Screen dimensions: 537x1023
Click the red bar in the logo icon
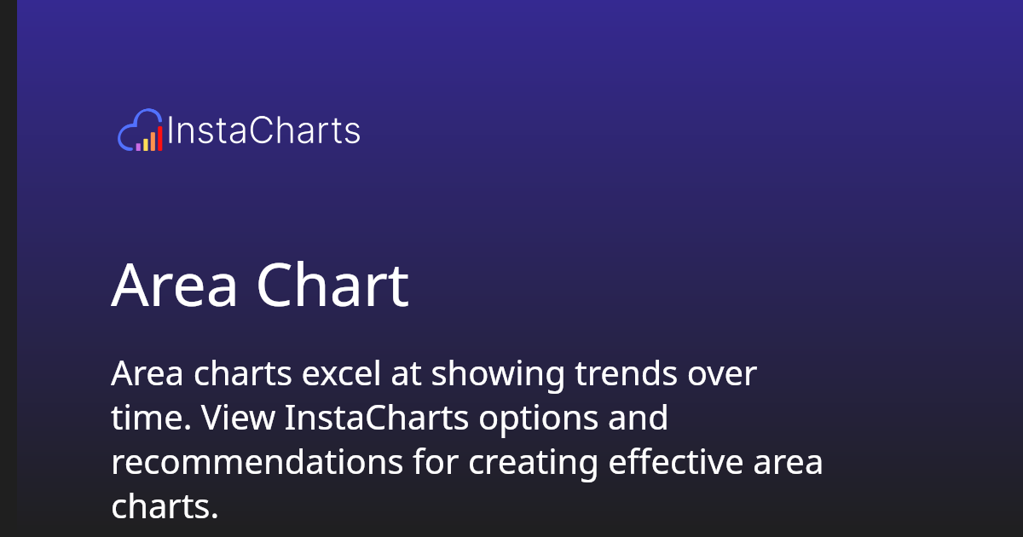point(159,139)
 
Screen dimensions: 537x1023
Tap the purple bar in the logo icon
point(138,147)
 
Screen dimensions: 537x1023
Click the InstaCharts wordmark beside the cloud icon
point(263,131)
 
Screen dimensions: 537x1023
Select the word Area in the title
point(174,286)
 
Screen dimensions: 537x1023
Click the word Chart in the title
point(332,286)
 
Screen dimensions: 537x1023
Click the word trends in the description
point(627,374)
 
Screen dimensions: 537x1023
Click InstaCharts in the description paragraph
point(378,419)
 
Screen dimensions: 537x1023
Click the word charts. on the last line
point(165,507)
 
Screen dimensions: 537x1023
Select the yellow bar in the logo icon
point(146,144)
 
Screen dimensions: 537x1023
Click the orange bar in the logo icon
point(153,141)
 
